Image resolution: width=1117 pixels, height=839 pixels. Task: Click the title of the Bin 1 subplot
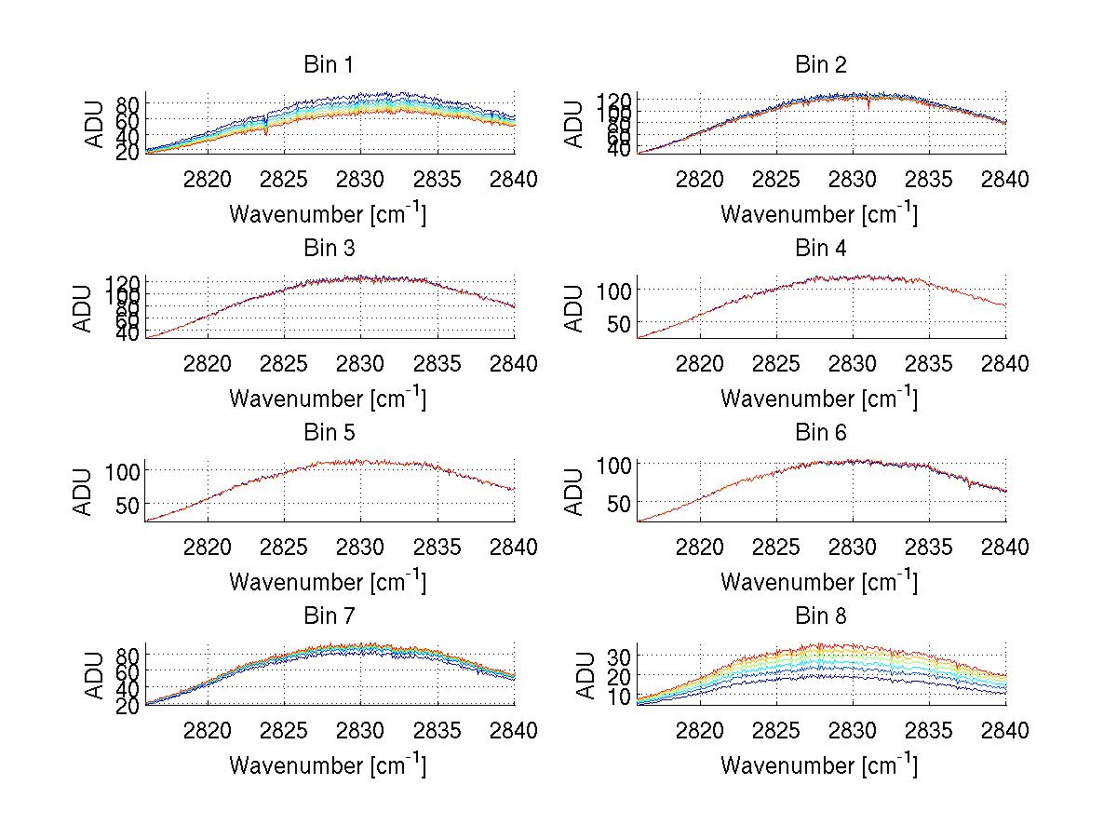point(329,65)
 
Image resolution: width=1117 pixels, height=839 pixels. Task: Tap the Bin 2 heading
point(820,65)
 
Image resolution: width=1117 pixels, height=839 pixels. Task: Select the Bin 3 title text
point(329,249)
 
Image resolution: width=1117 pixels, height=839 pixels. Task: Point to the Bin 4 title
point(820,249)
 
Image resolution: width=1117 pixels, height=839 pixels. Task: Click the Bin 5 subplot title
point(329,433)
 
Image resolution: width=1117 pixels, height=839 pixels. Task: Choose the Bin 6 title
point(820,433)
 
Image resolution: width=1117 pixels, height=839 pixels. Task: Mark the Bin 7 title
point(329,616)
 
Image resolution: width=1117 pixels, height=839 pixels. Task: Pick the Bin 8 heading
point(820,616)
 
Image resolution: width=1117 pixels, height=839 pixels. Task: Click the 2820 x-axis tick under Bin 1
point(208,181)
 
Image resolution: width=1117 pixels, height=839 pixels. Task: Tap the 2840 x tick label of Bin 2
point(1005,181)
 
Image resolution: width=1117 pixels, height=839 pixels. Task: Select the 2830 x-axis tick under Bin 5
point(361,548)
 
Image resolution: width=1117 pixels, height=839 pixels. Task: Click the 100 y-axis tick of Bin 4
point(613,290)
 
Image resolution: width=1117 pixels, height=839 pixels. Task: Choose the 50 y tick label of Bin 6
point(619,503)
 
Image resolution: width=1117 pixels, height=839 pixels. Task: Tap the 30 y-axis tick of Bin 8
point(619,656)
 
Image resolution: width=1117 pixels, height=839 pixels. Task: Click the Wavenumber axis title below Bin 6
point(819,582)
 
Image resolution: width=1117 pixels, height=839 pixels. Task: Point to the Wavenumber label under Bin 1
point(328,214)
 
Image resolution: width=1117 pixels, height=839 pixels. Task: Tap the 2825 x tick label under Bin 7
point(284,731)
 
